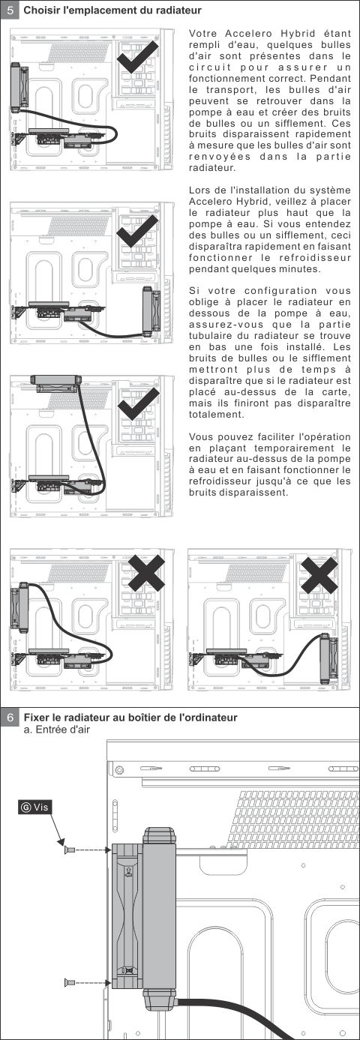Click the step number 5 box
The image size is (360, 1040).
10,10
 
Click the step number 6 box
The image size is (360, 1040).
10,718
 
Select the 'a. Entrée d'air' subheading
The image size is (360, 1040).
57,730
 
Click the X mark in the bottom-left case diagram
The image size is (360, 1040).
146,572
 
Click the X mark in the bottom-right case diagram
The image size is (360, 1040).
319,575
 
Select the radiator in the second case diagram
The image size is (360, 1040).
151,311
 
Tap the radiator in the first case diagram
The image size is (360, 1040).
19,87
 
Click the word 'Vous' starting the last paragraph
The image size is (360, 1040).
199,437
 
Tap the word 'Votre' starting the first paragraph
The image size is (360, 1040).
203,34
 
